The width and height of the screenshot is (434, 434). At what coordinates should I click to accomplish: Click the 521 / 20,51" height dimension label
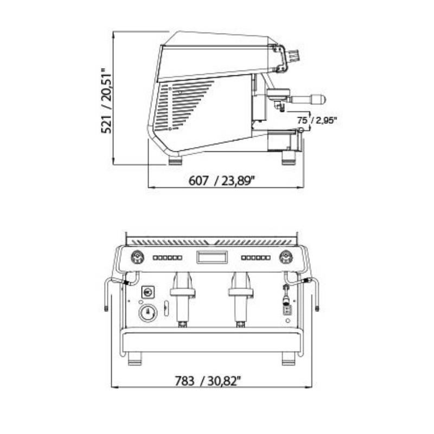tap(106, 100)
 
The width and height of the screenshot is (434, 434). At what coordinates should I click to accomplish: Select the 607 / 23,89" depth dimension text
tap(222, 181)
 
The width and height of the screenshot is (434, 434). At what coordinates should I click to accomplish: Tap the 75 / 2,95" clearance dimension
tap(317, 120)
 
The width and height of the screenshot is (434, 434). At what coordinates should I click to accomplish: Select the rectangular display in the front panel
tap(212, 257)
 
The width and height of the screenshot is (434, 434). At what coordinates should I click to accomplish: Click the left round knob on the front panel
tap(138, 257)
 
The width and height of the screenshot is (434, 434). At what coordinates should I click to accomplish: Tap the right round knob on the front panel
tap(286, 257)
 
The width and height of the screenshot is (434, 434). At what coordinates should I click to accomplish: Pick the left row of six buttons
tap(168, 258)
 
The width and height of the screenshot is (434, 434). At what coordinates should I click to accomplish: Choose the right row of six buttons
tap(256, 258)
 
